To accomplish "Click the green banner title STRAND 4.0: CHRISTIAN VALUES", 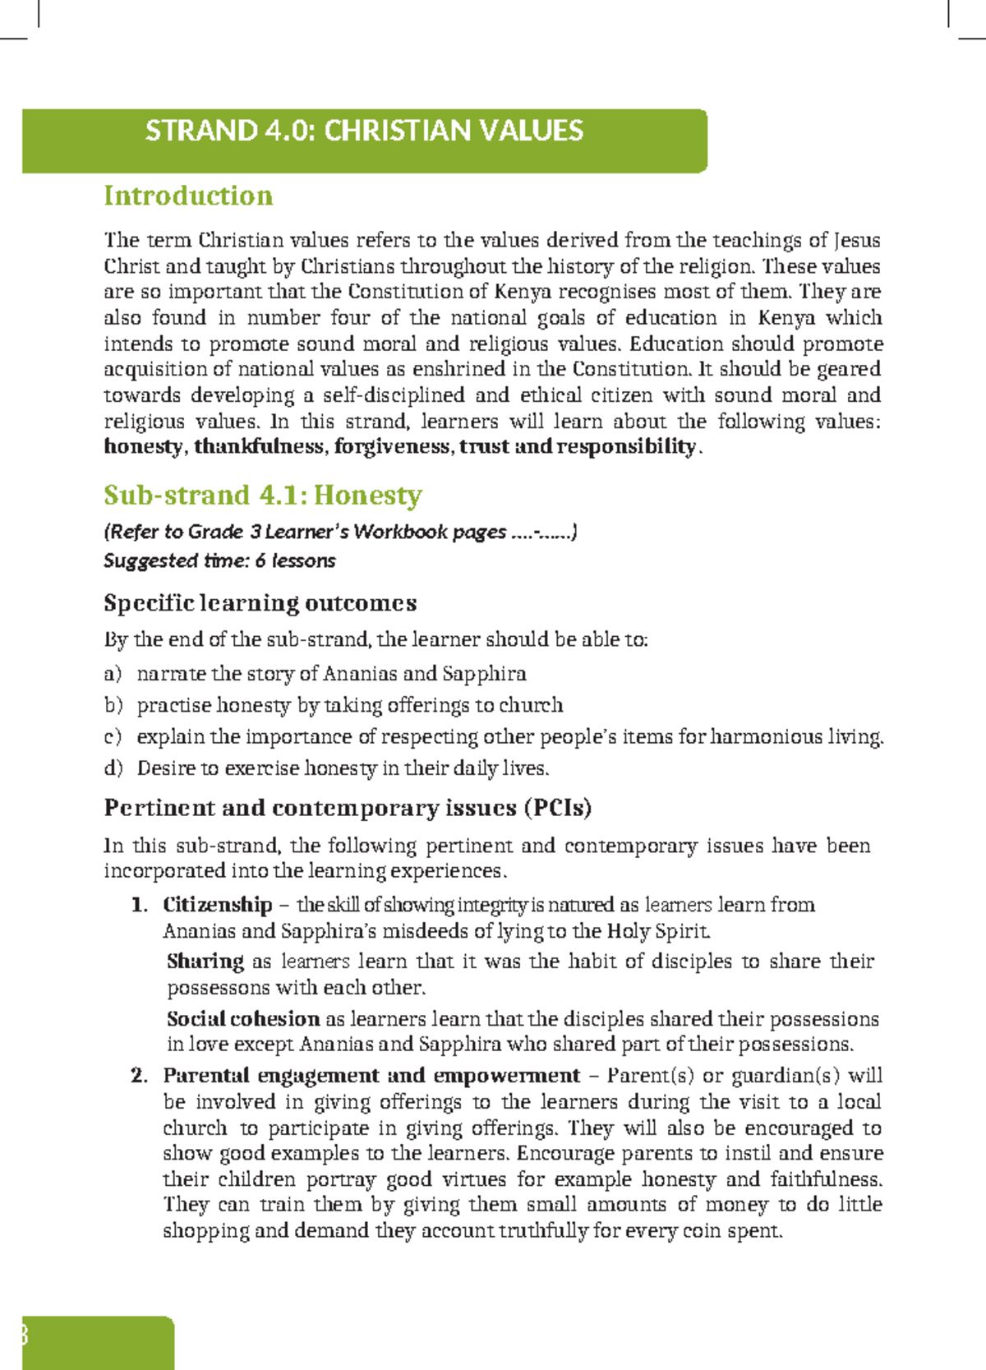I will coord(364,131).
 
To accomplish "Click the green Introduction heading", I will coord(188,196).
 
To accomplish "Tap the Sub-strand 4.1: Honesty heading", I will coord(262,495).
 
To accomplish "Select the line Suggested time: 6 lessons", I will coord(219,560).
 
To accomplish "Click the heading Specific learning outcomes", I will coord(260,603).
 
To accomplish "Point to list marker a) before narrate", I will coord(113,674).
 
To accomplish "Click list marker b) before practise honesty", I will coord(113,705).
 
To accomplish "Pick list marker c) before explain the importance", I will coord(113,736).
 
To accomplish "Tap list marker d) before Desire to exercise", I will coord(113,768).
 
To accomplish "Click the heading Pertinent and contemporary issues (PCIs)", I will coord(348,808).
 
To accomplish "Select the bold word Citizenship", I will coord(217,905).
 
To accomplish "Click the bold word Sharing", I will coord(205,962).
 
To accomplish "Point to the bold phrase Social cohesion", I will coord(243,1019).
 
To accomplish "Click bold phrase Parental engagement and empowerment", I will coord(371,1076).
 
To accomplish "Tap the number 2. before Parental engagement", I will coord(139,1076).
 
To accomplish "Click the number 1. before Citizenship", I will coord(139,905).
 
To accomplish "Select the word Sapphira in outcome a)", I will coord(484,674).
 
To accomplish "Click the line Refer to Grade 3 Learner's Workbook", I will coord(340,532).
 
